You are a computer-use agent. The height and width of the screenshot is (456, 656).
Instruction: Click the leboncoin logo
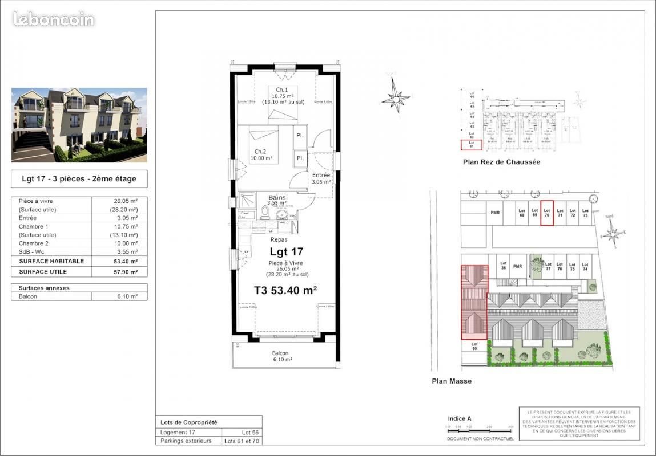pos(54,19)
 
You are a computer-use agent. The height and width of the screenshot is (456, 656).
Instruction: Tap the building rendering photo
pos(79,125)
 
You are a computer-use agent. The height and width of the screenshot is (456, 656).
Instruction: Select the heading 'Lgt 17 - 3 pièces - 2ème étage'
pos(79,179)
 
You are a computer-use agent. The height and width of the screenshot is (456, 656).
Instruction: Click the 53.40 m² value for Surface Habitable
pos(126,261)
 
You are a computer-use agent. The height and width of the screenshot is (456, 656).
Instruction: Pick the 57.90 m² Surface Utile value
pos(126,272)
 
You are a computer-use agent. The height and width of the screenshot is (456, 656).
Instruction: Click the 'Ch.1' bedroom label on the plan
pos(281,90)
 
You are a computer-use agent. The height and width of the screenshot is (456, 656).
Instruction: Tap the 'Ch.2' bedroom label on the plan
pos(260,151)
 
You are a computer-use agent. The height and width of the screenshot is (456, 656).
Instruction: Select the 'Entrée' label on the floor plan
pos(321,174)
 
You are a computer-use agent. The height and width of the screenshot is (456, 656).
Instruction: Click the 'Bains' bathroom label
pos(277,197)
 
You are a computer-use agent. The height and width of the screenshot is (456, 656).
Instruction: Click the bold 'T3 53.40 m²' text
pos(285,290)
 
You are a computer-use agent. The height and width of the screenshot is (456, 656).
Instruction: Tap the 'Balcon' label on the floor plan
pos(280,353)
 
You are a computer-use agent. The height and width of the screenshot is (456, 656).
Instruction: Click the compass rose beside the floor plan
pos(396,98)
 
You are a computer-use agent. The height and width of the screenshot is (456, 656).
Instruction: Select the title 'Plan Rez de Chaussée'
pos(501,162)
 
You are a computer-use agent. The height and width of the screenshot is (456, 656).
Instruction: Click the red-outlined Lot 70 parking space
pos(547,213)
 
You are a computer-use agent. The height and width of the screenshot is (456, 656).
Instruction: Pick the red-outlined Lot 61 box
pos(472,145)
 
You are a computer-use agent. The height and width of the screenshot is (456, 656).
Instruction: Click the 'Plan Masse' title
pos(452,381)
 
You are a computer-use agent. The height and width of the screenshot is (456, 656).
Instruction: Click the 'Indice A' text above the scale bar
pos(460,418)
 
